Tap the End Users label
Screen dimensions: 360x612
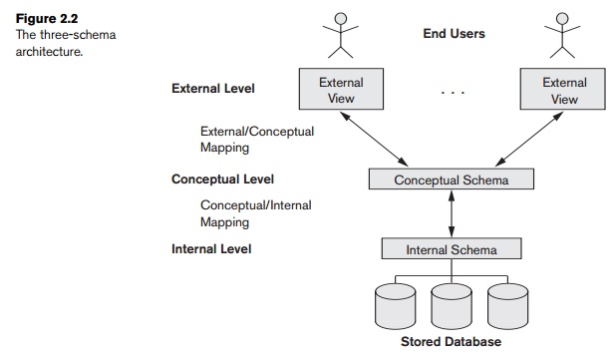point(454,34)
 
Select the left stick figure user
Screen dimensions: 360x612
point(342,33)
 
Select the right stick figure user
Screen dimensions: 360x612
point(563,33)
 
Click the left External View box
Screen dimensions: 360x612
point(341,91)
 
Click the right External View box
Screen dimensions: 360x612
point(564,91)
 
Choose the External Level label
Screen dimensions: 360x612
point(212,89)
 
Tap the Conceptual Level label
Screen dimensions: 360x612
point(222,180)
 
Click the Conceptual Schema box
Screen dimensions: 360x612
point(452,180)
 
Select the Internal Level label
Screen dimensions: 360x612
point(211,248)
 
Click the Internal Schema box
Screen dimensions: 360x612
point(452,249)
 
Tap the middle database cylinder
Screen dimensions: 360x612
point(452,305)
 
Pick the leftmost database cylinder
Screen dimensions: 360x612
point(397,305)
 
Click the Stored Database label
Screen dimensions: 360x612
point(452,342)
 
